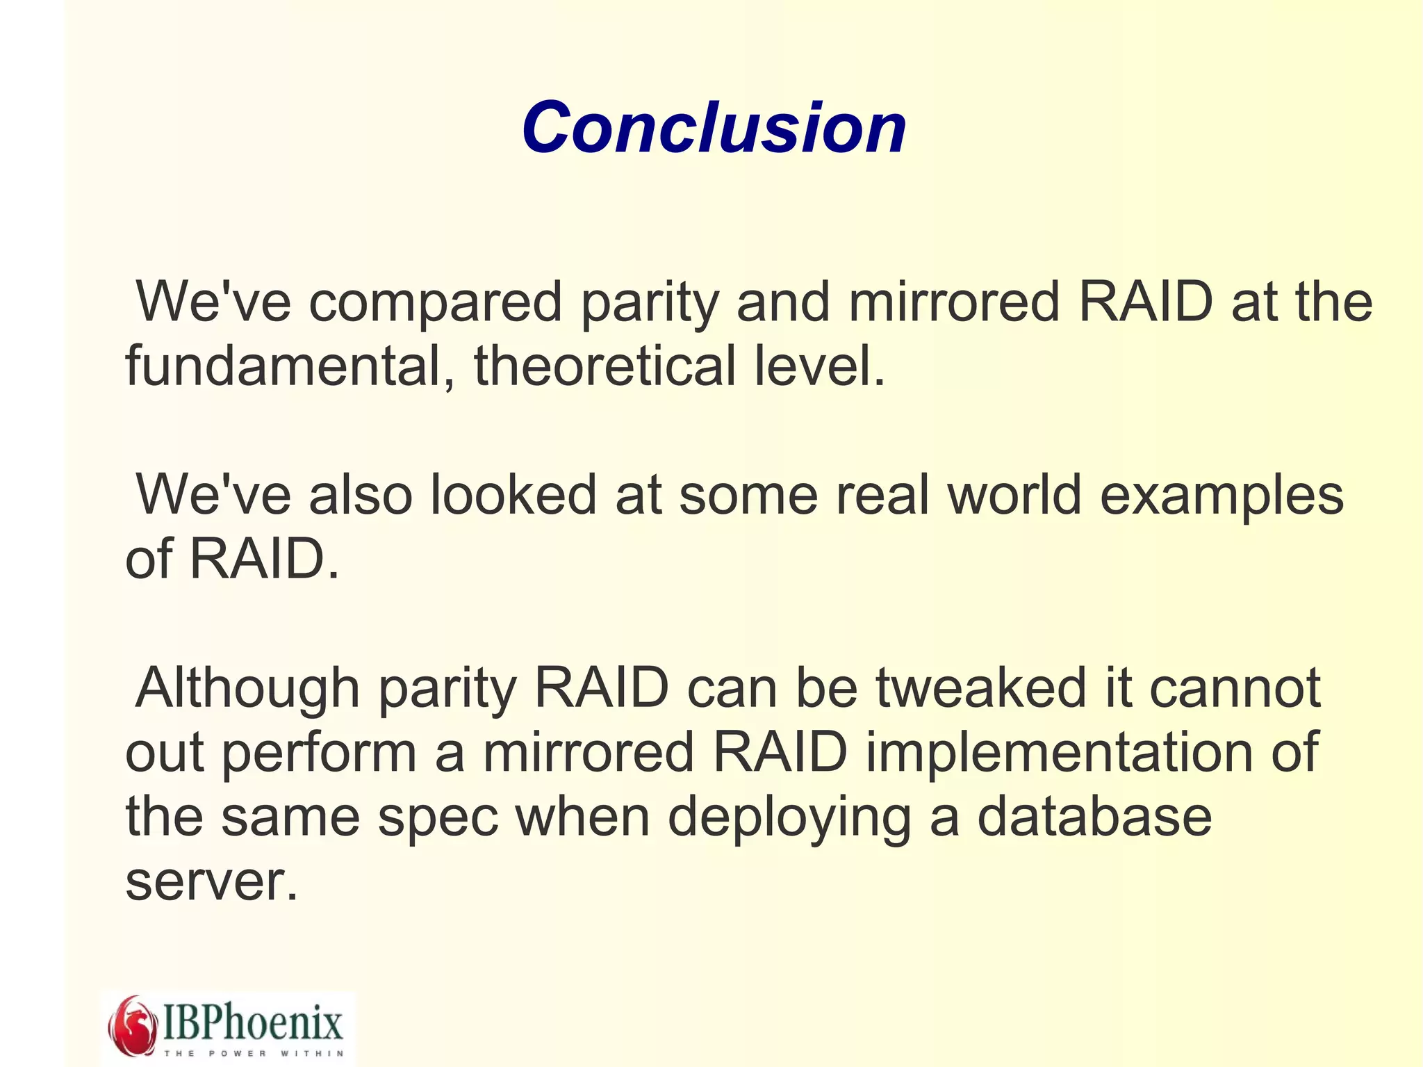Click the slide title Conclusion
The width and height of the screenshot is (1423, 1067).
pyautogui.click(x=714, y=128)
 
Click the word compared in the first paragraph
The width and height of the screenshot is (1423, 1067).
pyautogui.click(x=435, y=303)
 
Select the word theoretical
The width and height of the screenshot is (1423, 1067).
pyautogui.click(x=604, y=366)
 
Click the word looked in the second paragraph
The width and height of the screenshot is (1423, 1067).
pyautogui.click(x=513, y=495)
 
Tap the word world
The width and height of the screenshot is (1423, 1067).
pyautogui.click(x=1014, y=495)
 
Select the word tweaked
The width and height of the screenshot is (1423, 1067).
pyautogui.click(x=980, y=688)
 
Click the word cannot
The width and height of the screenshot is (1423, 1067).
pyautogui.click(x=1235, y=688)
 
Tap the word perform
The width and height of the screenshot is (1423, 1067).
pyautogui.click(x=319, y=754)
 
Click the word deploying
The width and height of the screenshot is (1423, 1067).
pyautogui.click(x=789, y=819)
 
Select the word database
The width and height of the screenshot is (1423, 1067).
pyautogui.click(x=1094, y=817)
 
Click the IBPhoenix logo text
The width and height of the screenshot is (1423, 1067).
pyautogui.click(x=253, y=1022)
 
